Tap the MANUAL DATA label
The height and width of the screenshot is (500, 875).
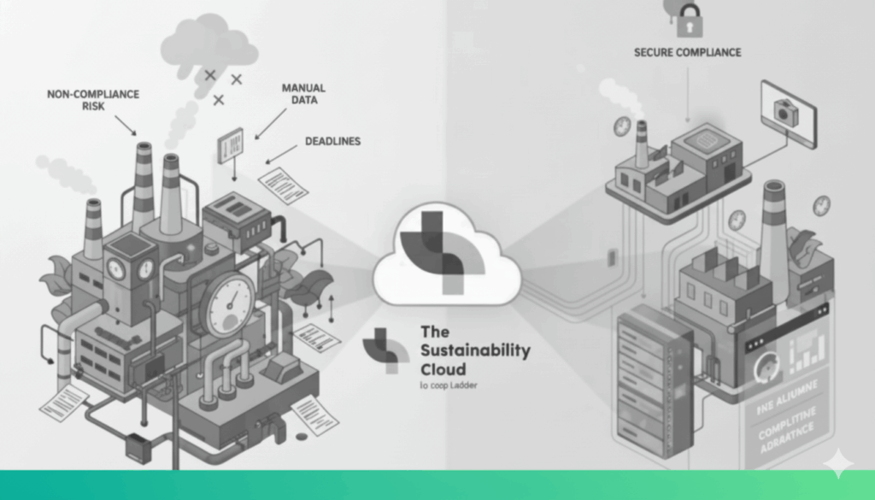point(302,94)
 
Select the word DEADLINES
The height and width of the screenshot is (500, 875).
point(332,141)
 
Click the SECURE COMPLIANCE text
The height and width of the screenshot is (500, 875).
point(687,53)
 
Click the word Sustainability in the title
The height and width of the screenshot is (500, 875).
point(475,350)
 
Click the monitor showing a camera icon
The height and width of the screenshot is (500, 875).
point(788,113)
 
